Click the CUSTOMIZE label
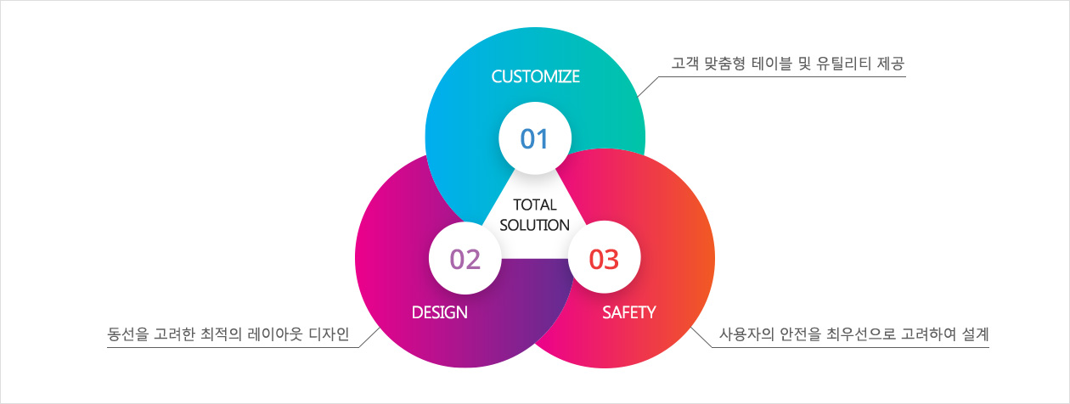point(536,76)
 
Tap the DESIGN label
point(440,312)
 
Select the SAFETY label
point(628,312)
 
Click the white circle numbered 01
point(535,138)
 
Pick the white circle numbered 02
point(465,258)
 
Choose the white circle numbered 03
point(605,258)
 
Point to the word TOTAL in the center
point(535,205)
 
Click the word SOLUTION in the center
point(534,225)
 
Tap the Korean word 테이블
point(772,63)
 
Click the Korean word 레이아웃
point(274,334)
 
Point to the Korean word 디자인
point(329,334)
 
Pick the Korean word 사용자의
point(746,334)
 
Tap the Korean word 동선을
point(127,334)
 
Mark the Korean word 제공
point(891,63)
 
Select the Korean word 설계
point(976,334)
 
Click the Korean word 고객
point(685,63)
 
